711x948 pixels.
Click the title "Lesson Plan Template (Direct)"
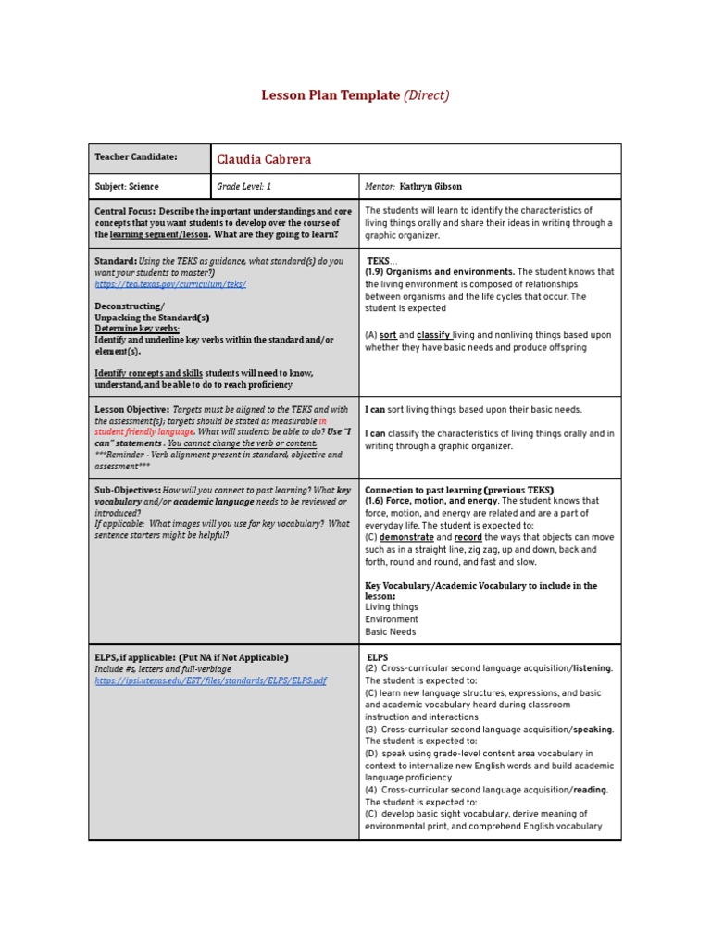[355, 95]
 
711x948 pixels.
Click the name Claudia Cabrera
[264, 159]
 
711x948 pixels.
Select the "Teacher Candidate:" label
[136, 157]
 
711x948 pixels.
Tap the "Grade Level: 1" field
[243, 186]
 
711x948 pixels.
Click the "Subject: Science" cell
[127, 186]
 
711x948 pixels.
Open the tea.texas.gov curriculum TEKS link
[170, 284]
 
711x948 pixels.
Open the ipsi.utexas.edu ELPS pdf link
[210, 680]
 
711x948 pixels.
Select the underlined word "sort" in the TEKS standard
[389, 335]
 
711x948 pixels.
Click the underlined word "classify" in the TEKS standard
[434, 335]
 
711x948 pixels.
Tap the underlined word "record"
[468, 537]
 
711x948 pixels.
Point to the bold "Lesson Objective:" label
[132, 409]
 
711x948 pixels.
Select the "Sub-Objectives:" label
[128, 490]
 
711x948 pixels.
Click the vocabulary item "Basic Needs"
[391, 632]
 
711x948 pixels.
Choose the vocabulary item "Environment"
[392, 619]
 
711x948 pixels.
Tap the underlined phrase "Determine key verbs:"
[137, 329]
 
